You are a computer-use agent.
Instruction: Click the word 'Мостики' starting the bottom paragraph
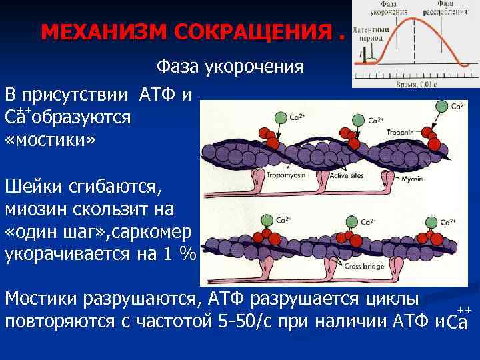pos(44,298)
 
